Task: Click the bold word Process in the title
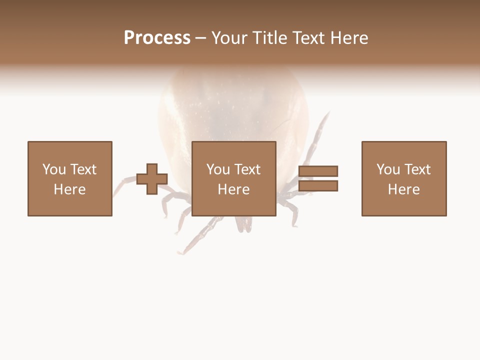coord(157,38)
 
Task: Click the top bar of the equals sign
coord(318,171)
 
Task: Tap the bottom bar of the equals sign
coord(318,186)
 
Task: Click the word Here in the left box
coord(69,189)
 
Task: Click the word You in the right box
coord(388,169)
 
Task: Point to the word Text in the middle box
coord(248,169)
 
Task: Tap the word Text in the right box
coord(418,169)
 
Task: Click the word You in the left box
coord(54,169)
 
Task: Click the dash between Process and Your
coord(201,38)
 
